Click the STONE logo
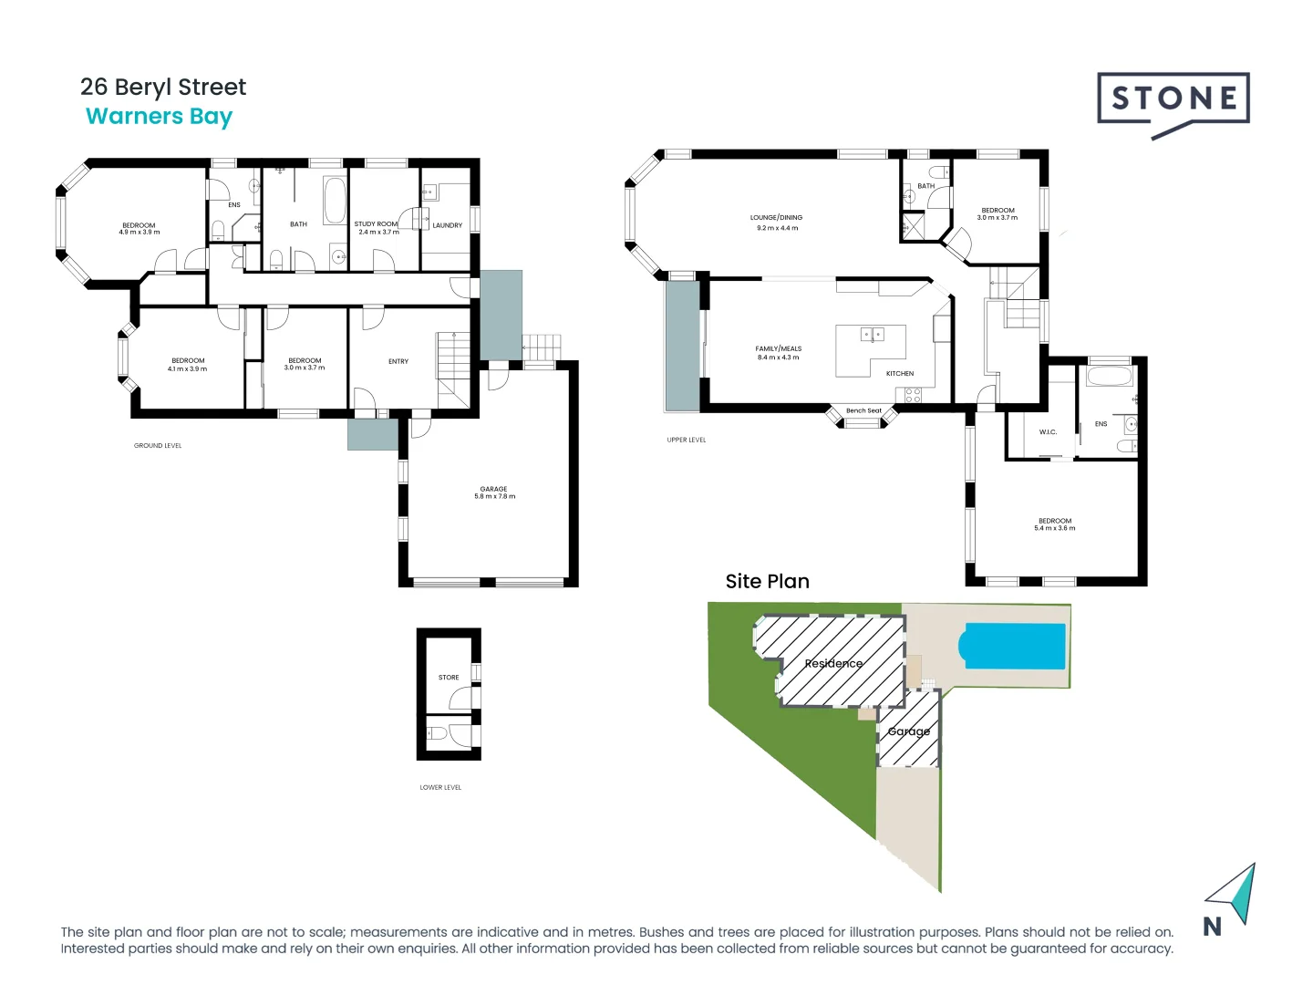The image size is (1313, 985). click(1173, 100)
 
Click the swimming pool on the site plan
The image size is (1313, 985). click(1012, 646)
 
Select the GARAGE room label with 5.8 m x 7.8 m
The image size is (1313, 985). click(494, 493)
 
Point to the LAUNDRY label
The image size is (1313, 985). click(447, 225)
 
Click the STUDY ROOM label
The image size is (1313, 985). click(376, 224)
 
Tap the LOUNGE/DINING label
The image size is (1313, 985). click(776, 218)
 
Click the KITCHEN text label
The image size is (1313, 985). click(899, 374)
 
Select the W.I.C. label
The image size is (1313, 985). click(1048, 432)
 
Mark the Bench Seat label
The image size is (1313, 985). click(863, 410)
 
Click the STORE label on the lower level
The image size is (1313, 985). click(449, 678)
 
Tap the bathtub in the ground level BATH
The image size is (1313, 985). click(335, 201)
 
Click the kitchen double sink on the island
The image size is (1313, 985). click(872, 335)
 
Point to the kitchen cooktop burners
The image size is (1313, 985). click(913, 395)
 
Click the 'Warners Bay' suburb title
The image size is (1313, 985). click(159, 117)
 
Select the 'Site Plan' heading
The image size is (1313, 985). click(767, 582)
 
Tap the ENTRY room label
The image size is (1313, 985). click(398, 362)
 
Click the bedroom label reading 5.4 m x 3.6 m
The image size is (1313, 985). click(1054, 524)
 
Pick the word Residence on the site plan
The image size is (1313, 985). click(833, 663)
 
